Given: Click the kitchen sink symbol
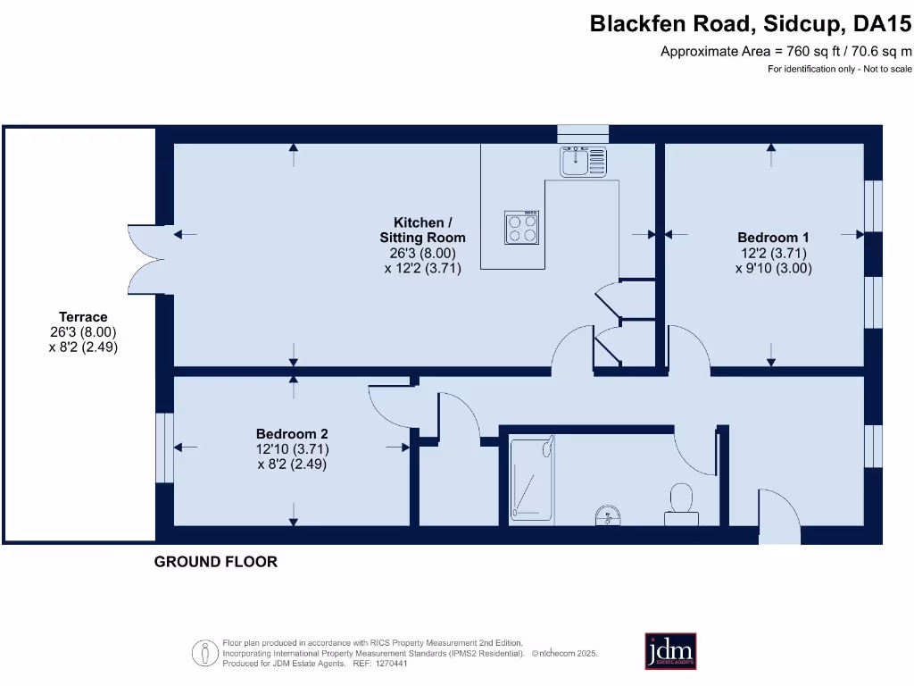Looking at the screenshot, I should click(583, 162).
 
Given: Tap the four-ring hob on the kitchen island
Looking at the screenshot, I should click(522, 227).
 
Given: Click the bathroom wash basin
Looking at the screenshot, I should click(609, 515).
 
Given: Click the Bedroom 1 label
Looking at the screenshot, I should click(773, 238).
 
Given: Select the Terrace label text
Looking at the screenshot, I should click(83, 317).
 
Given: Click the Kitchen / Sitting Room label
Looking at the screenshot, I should click(422, 230).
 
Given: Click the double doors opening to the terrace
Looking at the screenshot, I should click(145, 255).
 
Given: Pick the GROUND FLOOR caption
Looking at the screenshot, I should click(216, 562).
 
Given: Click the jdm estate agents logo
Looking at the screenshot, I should click(670, 651).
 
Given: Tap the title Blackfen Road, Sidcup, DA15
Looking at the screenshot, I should click(751, 24).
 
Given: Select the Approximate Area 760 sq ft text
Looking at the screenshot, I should click(785, 51).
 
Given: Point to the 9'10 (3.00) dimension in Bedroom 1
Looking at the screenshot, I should click(773, 267).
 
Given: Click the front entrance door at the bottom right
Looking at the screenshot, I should click(778, 516).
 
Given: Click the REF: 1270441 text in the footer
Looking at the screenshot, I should click(380, 664).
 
